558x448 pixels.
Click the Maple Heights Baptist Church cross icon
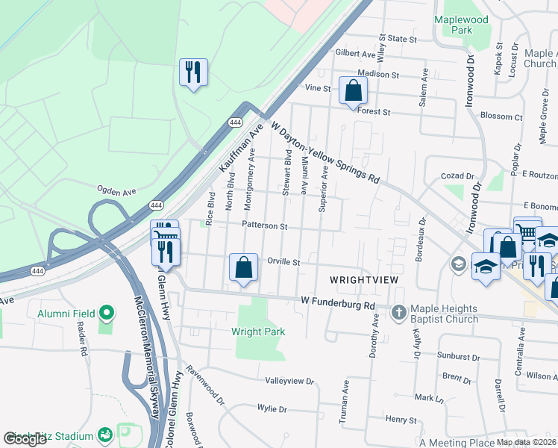tap(399, 311)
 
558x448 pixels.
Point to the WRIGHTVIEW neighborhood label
tap(364, 279)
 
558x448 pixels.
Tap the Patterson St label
tap(263, 225)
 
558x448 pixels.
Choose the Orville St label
tap(283, 263)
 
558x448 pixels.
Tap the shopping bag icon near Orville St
tap(243, 268)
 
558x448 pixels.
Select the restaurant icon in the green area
tap(193, 72)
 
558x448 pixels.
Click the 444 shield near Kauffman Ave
tap(236, 122)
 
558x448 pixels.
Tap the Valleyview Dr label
tap(289, 381)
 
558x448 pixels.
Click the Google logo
tap(25, 439)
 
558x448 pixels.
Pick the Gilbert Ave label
tap(355, 54)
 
